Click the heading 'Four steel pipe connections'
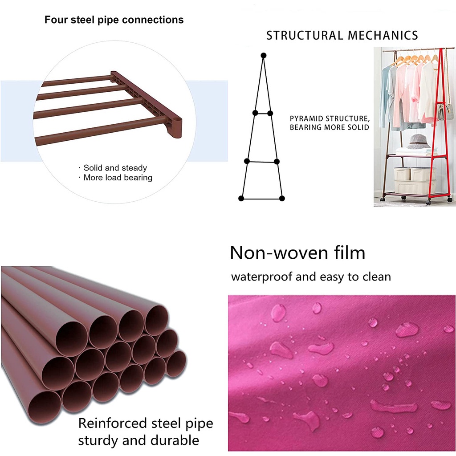tap(114, 20)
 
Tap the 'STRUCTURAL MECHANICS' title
tap(342, 36)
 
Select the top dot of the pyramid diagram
tap(264, 56)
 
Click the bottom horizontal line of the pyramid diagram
tap(261, 198)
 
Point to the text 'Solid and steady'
tap(115, 168)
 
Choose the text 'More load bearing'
tap(118, 178)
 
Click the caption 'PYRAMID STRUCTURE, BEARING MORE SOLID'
tap(330, 123)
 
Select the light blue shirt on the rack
tap(386, 96)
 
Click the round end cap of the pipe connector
tap(177, 128)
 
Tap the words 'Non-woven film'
tap(297, 253)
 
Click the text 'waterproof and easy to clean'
tap(311, 277)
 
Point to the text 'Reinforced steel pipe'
tap(146, 423)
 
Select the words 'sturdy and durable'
tap(138, 441)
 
